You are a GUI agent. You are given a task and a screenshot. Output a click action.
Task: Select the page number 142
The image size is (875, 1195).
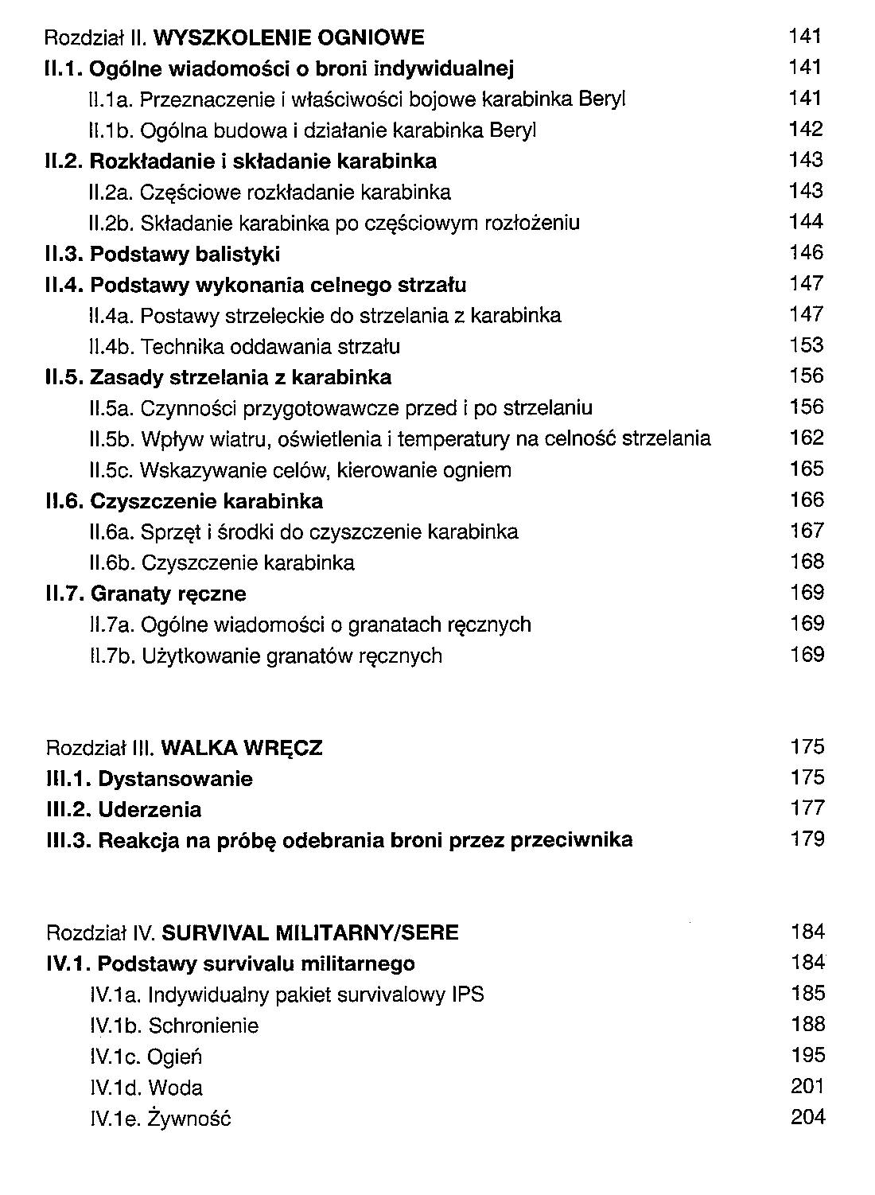click(805, 129)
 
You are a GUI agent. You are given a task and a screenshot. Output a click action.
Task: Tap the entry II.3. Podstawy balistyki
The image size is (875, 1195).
click(162, 255)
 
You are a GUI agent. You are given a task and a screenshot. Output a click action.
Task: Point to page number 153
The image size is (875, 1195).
click(805, 345)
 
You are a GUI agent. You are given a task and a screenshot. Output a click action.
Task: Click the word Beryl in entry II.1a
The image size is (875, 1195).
click(602, 99)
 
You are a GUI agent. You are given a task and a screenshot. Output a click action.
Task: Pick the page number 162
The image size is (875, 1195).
click(805, 438)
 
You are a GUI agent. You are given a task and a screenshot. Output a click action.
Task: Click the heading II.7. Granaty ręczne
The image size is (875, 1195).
click(146, 594)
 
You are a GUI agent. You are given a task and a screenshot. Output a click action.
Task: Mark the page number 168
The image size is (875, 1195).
click(806, 562)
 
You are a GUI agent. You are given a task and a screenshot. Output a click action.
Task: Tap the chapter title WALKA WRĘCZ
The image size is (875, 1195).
click(241, 748)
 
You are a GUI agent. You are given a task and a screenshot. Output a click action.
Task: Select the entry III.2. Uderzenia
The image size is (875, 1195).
click(124, 810)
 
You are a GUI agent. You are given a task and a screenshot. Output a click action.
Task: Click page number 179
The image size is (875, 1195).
click(807, 839)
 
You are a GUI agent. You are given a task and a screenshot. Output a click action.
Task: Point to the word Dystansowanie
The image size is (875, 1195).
click(175, 779)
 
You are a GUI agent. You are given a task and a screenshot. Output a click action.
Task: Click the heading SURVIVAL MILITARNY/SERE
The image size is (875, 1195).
click(316, 932)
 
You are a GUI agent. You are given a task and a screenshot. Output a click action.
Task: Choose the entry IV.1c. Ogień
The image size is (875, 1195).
click(146, 1057)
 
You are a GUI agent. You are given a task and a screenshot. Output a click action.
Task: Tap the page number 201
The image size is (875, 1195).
click(807, 1087)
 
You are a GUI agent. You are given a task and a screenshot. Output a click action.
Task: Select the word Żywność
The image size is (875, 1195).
click(189, 1119)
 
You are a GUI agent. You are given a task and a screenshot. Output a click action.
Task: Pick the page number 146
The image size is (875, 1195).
click(805, 253)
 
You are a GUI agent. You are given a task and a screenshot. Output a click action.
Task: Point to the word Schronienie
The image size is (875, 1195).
click(203, 1026)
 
